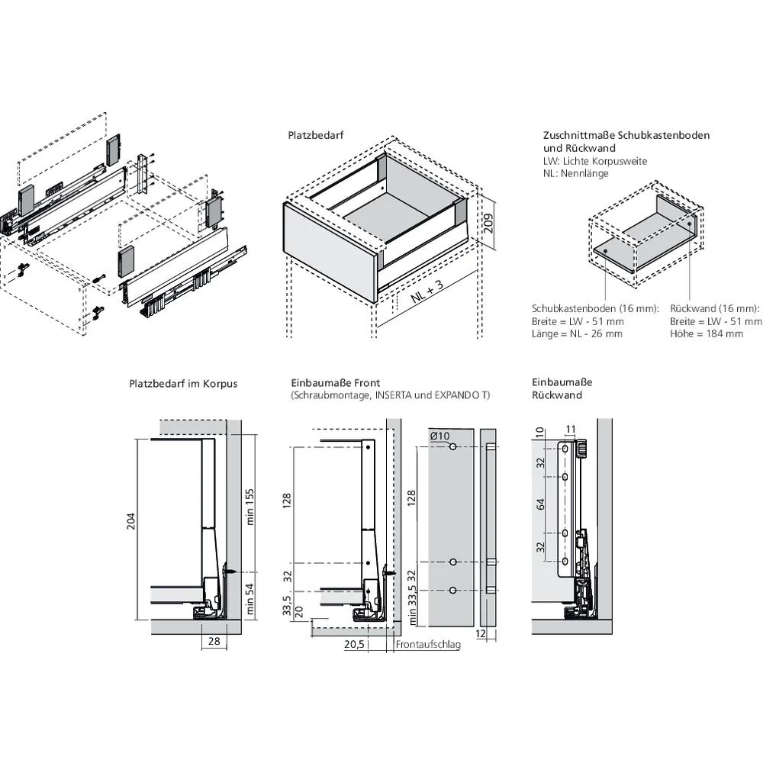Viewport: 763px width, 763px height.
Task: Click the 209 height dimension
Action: click(x=489, y=221)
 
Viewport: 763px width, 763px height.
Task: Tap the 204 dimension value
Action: click(x=130, y=521)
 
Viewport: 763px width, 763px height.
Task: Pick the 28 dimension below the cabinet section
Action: click(x=214, y=642)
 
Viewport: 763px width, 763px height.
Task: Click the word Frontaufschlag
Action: click(x=428, y=645)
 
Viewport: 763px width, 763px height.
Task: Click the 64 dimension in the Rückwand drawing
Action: click(x=541, y=504)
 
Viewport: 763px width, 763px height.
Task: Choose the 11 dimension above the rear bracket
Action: click(x=570, y=430)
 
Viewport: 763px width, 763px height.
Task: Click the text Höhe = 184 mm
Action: click(x=707, y=334)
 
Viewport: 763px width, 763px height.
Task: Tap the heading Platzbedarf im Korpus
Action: click(x=183, y=383)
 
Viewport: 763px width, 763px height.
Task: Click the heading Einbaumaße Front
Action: click(x=335, y=382)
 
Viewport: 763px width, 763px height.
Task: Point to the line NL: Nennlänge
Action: click(x=575, y=173)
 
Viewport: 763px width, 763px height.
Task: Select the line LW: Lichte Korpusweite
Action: click(x=594, y=161)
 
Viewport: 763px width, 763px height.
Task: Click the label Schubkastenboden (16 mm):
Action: click(x=595, y=308)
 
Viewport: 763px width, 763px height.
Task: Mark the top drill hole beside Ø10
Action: click(x=452, y=446)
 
